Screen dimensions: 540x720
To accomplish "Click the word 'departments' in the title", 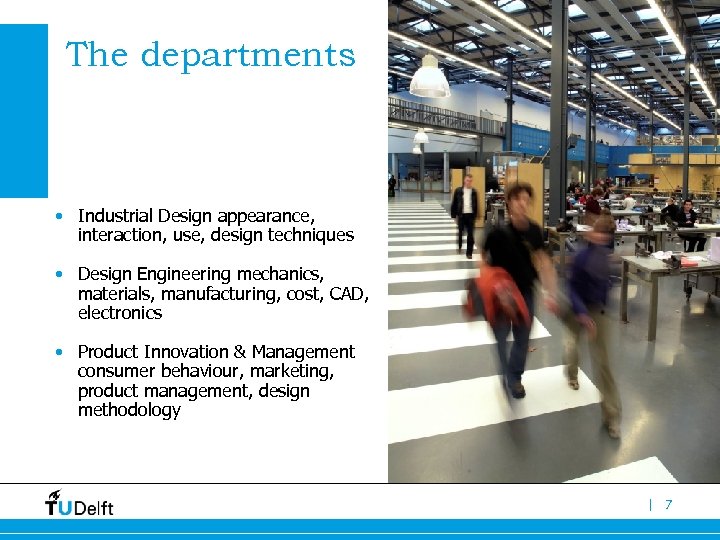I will (x=248, y=56).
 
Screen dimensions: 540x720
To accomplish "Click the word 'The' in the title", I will (x=97, y=55).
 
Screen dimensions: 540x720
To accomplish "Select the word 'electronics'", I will (x=119, y=313).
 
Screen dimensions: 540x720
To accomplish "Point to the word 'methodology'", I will (x=129, y=410).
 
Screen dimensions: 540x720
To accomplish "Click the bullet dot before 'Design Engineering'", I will (x=61, y=274).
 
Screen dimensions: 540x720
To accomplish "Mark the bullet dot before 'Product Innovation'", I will (x=61, y=352).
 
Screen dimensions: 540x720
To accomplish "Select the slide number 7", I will (x=669, y=505).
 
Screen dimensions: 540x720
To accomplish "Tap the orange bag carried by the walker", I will (x=497, y=294).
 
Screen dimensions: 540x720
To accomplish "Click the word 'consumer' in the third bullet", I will (x=114, y=371).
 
